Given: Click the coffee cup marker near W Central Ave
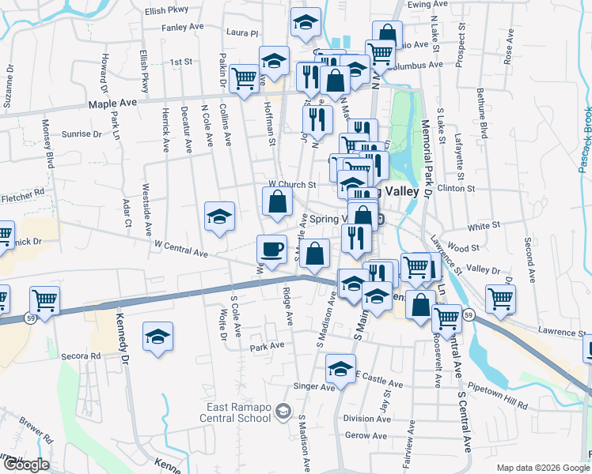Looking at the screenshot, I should point(271,250).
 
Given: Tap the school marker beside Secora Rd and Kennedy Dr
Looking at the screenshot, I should point(157,337).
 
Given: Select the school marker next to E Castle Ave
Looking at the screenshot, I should point(341,369).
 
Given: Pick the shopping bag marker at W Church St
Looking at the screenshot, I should point(277,201).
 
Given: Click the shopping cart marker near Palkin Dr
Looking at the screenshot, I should point(245,79).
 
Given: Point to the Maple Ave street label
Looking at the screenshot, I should point(113,103).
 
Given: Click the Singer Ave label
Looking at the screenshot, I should point(314,387).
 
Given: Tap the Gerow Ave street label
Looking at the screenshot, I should point(366,435).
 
